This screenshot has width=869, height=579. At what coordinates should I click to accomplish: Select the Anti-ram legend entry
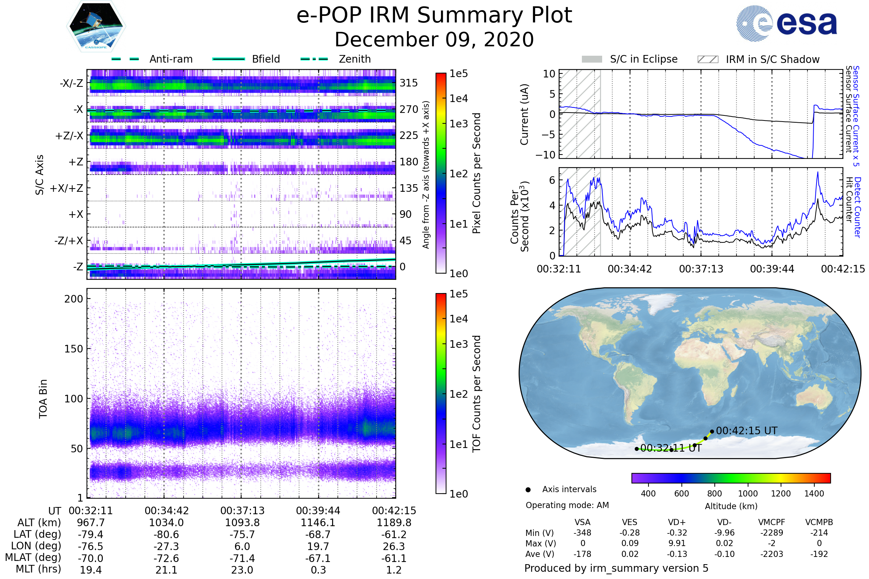click(x=171, y=59)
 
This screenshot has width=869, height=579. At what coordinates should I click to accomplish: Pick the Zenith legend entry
click(x=354, y=59)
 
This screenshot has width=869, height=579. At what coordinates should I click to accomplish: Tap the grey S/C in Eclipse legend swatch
click(x=592, y=59)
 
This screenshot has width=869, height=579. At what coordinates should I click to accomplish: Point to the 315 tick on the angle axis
click(x=408, y=83)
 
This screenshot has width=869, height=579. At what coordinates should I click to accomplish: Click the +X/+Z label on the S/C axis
click(x=67, y=188)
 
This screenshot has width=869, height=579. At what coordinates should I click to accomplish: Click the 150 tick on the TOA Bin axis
click(x=74, y=348)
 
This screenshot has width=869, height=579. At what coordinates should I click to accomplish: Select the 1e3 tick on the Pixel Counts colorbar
click(x=458, y=124)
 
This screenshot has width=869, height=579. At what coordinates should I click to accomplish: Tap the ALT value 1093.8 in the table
click(x=242, y=523)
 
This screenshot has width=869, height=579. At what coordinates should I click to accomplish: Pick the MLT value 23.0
click(x=242, y=570)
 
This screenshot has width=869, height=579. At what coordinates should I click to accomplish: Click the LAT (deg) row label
click(x=37, y=534)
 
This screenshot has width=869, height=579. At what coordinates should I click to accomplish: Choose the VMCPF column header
click(x=772, y=522)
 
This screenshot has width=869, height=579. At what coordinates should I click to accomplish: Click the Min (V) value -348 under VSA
click(x=582, y=533)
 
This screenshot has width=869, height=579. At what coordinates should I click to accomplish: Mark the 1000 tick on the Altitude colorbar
click(x=747, y=494)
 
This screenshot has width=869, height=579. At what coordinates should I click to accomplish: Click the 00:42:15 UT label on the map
click(x=746, y=431)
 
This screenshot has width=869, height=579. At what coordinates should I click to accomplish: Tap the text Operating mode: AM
click(x=567, y=505)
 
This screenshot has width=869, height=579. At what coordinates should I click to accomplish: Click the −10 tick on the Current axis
click(x=546, y=155)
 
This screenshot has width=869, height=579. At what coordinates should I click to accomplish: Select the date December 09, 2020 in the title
click(x=434, y=39)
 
